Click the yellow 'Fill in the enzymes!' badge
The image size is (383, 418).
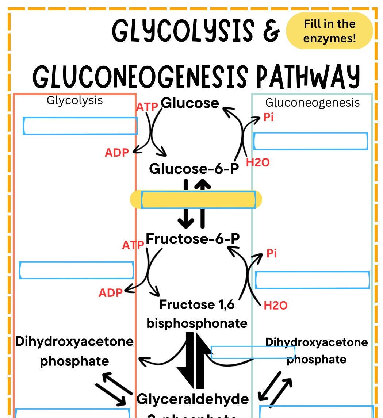329,31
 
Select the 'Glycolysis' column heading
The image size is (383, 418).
74,100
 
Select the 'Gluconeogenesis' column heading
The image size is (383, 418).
312,103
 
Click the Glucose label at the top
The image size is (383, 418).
190,103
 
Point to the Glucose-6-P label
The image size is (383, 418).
194,169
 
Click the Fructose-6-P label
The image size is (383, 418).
193,238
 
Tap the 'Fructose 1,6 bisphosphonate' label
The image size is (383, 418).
197,314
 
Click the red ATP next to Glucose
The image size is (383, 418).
147,107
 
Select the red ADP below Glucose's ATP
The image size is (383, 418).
117,153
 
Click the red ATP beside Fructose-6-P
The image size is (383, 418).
133,245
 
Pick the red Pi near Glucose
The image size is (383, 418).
268,118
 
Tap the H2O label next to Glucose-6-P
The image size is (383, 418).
258,162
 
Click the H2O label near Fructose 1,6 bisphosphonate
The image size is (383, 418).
275,305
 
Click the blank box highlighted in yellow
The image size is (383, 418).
198,200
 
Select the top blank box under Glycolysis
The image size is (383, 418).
80,126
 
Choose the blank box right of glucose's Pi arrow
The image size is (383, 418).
310,141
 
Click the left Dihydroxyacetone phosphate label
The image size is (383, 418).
74,351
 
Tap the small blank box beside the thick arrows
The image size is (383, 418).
253,352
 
